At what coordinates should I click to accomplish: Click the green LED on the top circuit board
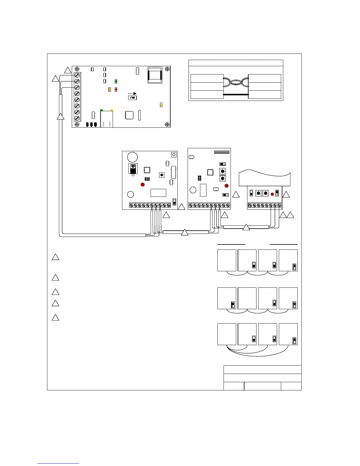tap(116, 81)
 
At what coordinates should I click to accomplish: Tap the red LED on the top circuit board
tap(116, 89)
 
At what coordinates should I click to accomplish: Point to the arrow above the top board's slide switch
tap(132, 94)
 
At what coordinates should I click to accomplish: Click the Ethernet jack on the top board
tap(107, 119)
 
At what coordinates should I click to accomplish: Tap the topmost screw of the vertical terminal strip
tap(77, 75)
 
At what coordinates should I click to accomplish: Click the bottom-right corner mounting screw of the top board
tap(167, 124)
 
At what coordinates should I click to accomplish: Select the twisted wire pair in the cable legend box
tap(236, 83)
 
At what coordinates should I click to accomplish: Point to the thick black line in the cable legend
tap(236, 95)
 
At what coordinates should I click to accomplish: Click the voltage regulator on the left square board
tap(133, 169)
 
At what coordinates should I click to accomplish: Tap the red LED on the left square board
tap(143, 184)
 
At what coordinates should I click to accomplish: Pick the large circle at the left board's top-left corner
tap(132, 157)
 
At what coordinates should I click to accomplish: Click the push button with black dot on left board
tap(162, 175)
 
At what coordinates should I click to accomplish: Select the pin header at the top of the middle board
tap(222, 152)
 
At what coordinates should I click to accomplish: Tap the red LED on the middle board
tap(226, 186)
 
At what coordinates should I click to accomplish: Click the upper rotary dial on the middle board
tap(223, 171)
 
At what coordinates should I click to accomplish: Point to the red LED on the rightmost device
tap(272, 194)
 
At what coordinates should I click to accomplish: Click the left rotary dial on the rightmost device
tap(258, 193)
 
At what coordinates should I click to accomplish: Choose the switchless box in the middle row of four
tap(247, 298)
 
